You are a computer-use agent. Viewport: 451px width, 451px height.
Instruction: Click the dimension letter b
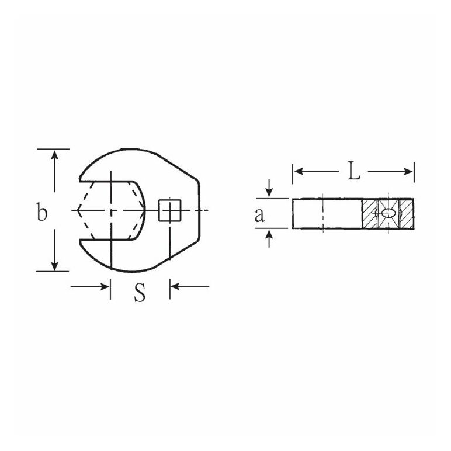pos(41,211)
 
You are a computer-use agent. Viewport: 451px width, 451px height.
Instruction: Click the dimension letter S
pos(140,293)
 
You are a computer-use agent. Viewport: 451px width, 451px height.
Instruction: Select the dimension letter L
pos(353,171)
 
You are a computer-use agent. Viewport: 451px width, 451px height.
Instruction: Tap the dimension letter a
pos(259,214)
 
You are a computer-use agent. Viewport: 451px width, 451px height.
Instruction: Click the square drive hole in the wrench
pos(169,210)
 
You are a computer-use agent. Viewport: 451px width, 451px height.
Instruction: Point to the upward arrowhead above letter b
pos(54,155)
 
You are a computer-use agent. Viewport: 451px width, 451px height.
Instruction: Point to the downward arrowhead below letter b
pos(54,265)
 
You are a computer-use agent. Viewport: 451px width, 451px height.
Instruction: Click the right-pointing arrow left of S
pos(90,286)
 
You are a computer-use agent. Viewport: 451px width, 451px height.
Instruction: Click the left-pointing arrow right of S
pos(189,286)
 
